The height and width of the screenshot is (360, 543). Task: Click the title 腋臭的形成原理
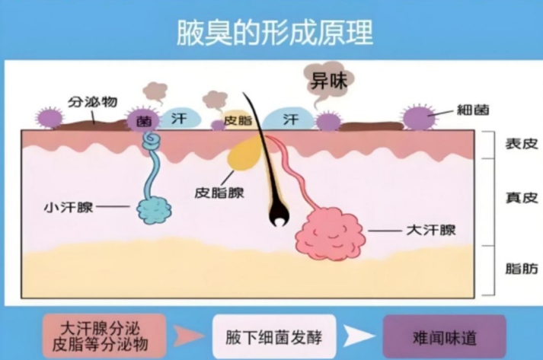tap(275, 33)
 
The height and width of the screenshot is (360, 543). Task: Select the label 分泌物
tap(92, 102)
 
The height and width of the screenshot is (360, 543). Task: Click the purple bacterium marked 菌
tap(143, 119)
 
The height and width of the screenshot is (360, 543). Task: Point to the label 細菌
tap(473, 110)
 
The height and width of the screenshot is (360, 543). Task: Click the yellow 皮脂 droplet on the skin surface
tap(238, 120)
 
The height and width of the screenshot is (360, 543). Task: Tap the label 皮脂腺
tap(219, 193)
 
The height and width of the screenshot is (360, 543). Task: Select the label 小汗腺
tap(69, 207)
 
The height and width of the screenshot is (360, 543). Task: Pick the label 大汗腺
tap(431, 230)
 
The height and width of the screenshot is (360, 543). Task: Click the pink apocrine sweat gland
tap(330, 234)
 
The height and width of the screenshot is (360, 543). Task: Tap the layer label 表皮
tap(522, 144)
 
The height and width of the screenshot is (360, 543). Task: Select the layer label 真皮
tap(522, 198)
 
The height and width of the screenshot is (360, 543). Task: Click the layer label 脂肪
tap(522, 269)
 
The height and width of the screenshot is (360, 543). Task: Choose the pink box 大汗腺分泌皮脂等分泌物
tap(104, 336)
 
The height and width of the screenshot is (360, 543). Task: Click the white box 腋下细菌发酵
tap(274, 336)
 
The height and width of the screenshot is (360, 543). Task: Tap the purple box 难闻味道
tap(444, 336)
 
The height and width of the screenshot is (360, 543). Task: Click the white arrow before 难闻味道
tap(359, 336)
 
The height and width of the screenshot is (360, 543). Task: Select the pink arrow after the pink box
tap(189, 336)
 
